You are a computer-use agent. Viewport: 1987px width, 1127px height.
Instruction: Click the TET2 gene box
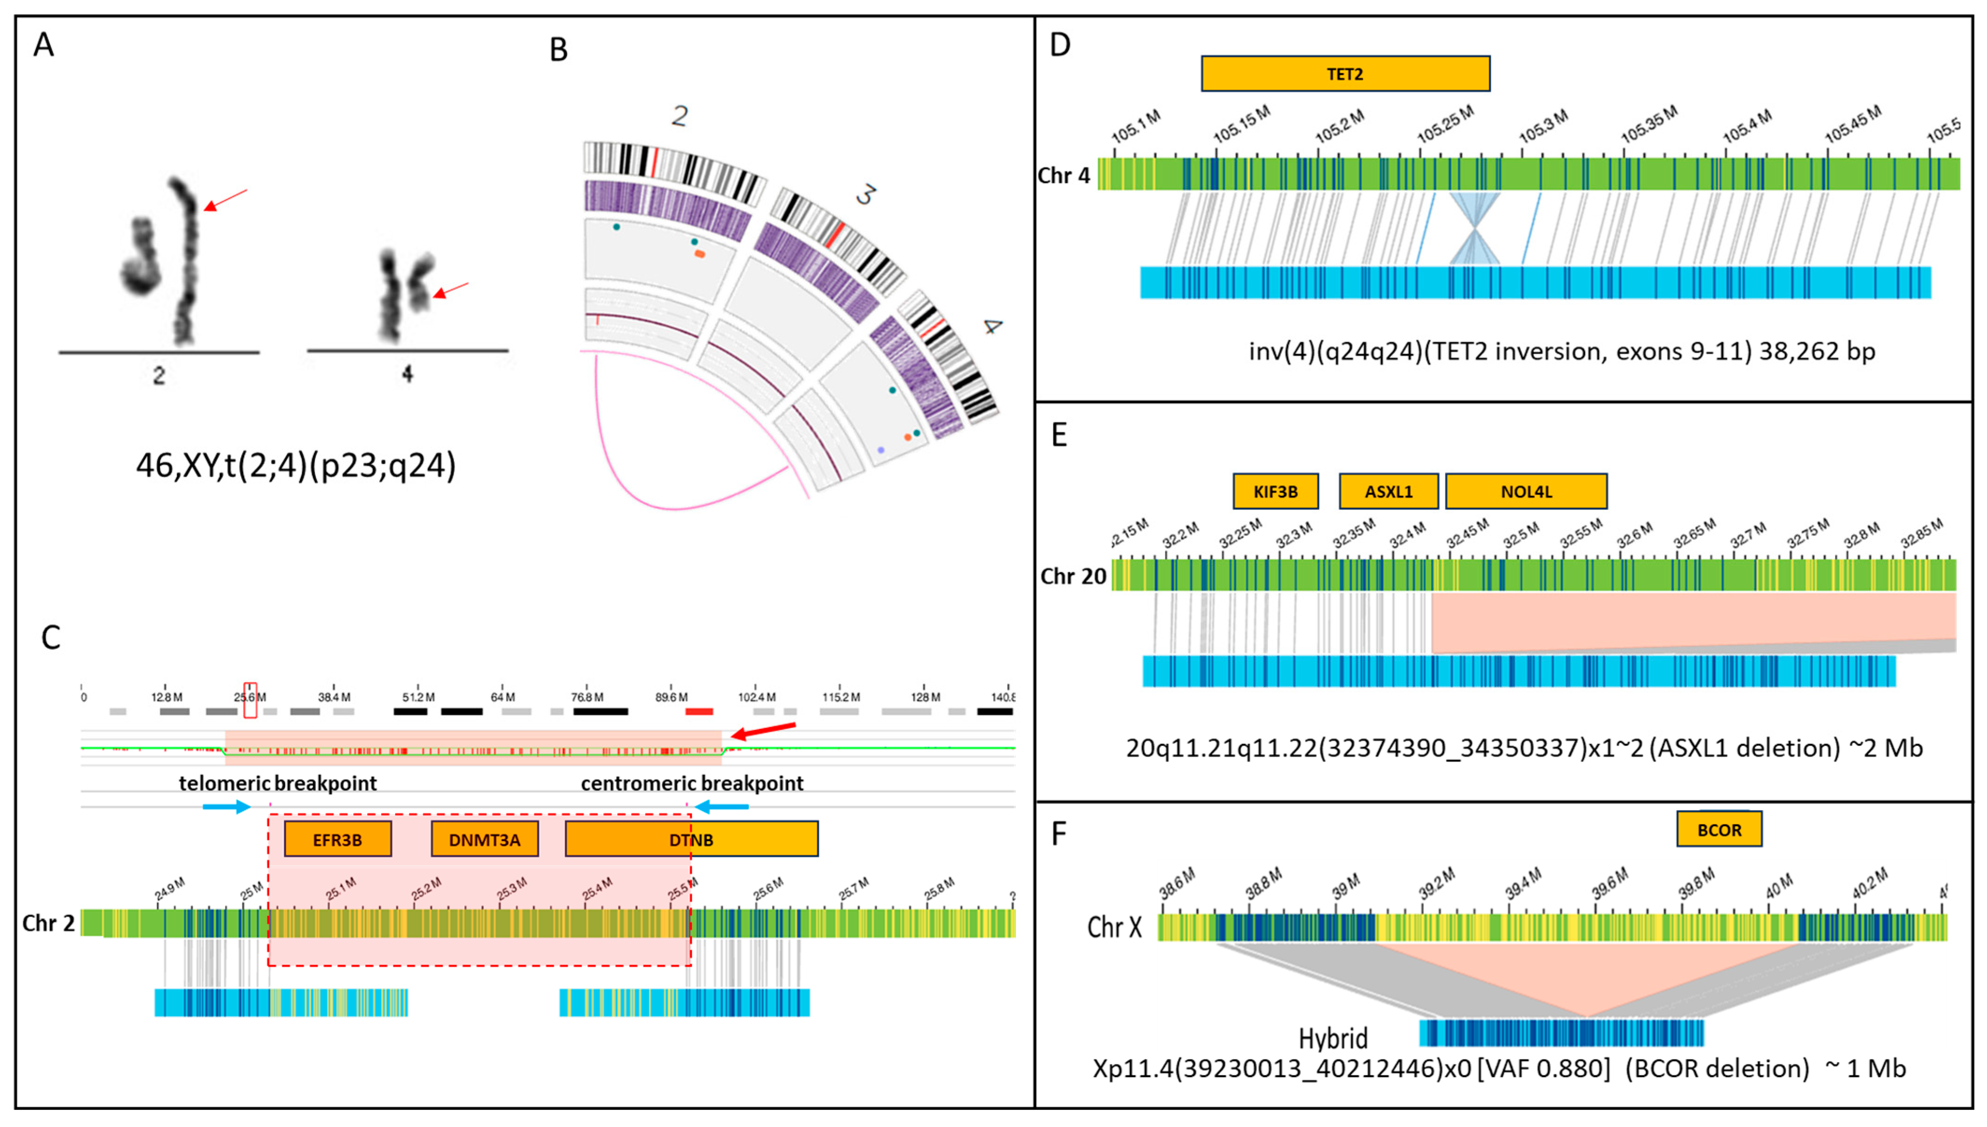click(1345, 74)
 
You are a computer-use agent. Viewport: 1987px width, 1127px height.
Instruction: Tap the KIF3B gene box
click(1275, 491)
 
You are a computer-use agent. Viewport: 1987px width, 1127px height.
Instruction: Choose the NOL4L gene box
click(1526, 491)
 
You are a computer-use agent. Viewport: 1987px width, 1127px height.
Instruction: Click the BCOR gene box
click(1719, 830)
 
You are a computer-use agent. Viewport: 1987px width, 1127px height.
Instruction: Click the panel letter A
click(43, 45)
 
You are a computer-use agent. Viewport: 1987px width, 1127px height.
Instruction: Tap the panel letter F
click(1059, 833)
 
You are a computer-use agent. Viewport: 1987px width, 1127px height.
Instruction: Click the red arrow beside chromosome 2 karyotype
click(225, 200)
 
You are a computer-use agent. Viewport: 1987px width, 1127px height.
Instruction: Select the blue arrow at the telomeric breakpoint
click(226, 807)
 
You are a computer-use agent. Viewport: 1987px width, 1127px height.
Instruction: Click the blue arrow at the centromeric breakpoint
click(721, 807)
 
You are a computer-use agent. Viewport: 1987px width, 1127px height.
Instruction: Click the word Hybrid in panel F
click(1332, 1038)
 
